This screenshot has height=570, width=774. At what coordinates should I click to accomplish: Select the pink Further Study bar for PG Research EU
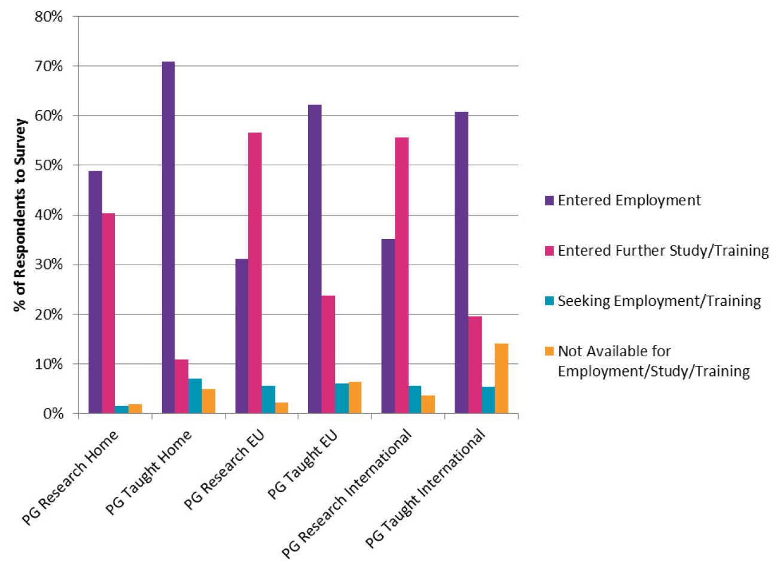coord(255,272)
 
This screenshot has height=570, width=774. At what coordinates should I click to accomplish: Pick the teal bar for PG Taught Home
coord(195,396)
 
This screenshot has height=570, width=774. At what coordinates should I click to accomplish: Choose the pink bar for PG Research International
coord(401,275)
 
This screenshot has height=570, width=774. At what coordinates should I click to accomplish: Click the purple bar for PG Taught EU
coord(315,259)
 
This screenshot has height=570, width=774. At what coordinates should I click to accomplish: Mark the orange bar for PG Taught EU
coord(355,398)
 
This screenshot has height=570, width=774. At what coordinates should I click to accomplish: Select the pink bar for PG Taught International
coord(475,365)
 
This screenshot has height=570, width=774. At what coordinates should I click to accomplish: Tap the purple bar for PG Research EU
coord(242,336)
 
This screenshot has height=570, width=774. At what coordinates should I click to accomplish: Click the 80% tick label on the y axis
coord(48,16)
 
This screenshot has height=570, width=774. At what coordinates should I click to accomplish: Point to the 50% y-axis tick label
coord(48,165)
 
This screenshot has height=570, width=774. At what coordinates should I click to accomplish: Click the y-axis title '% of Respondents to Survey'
coord(20,215)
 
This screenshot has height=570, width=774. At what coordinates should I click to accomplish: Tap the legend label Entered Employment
coord(629,201)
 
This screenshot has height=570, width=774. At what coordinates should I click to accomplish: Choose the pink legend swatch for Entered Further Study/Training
coord(549,251)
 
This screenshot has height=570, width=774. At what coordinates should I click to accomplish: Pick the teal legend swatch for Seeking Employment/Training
coord(549,301)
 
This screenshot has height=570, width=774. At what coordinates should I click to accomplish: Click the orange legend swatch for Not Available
coord(549,351)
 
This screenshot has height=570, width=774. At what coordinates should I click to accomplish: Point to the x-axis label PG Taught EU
coord(303,465)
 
